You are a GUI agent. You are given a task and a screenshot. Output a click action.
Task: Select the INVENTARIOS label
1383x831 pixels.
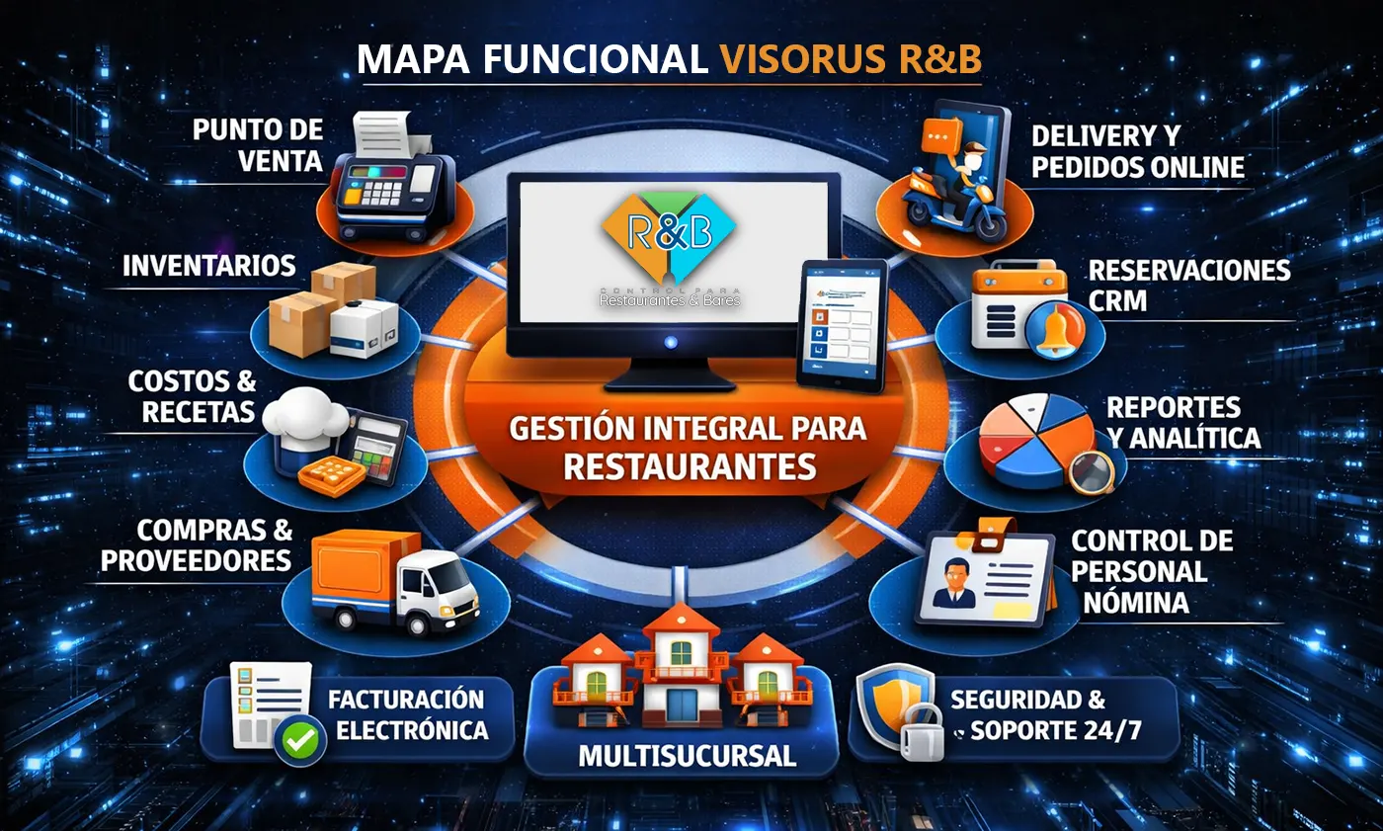pos(209,266)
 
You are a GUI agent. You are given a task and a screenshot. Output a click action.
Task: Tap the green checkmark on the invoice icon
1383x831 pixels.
pos(300,740)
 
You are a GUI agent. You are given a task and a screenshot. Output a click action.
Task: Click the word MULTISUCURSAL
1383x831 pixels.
pos(687,756)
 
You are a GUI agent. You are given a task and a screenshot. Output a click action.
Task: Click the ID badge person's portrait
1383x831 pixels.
pos(954,583)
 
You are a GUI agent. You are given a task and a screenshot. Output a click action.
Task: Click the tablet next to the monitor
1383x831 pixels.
pos(842,325)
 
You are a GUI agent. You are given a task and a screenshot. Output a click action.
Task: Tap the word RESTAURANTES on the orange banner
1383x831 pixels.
pos(690,467)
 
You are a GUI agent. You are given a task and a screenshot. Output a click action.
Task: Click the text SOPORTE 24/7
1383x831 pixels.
pos(1055,731)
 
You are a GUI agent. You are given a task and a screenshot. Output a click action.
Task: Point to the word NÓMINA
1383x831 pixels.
pos(1136,603)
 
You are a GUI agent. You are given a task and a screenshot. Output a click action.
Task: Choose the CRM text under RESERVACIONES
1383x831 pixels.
pos(1117,300)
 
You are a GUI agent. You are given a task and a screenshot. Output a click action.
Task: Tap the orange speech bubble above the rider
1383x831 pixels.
pos(940,136)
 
